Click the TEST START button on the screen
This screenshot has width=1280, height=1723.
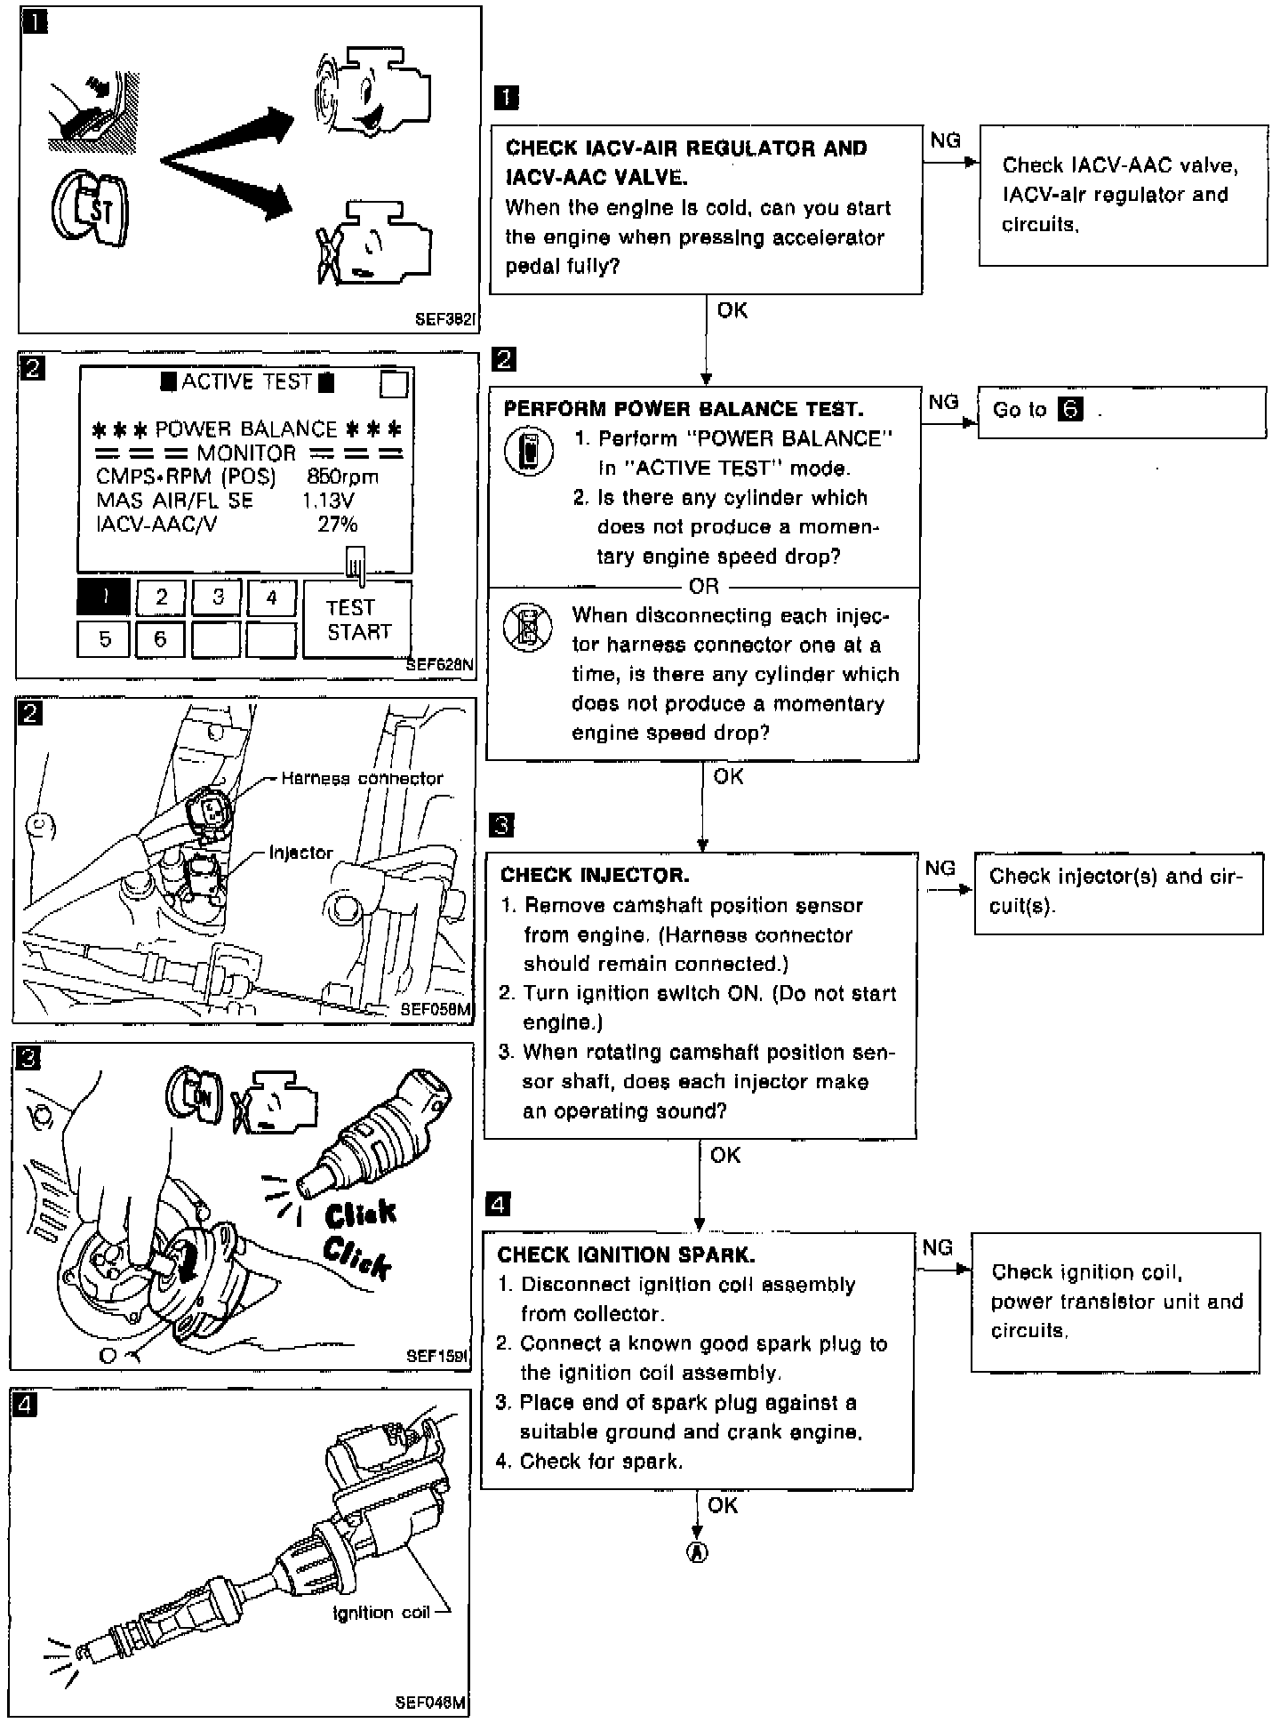[x=357, y=620]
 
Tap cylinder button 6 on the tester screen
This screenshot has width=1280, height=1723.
[x=160, y=639]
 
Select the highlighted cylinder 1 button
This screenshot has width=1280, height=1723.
[x=104, y=597]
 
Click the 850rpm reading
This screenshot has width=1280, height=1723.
[x=342, y=477]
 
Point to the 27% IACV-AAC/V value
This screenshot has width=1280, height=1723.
[x=337, y=525]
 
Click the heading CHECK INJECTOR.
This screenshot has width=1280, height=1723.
[x=595, y=875]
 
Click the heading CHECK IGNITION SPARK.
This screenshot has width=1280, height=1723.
[x=626, y=1254]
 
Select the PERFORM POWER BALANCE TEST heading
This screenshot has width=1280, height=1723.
[x=683, y=409]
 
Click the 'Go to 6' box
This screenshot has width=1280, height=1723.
[x=1121, y=412]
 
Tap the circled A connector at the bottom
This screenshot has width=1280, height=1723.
[x=697, y=1552]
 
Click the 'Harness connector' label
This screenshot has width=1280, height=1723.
[x=362, y=779]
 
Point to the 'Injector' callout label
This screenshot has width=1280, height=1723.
[x=300, y=853]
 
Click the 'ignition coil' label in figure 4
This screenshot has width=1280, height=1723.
[x=380, y=1612]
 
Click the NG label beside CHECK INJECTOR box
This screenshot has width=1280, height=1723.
[x=940, y=869]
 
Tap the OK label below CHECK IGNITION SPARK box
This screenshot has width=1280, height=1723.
[x=723, y=1504]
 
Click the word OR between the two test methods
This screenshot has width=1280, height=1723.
[x=703, y=587]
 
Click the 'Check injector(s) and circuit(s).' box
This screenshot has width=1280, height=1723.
[x=1118, y=893]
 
